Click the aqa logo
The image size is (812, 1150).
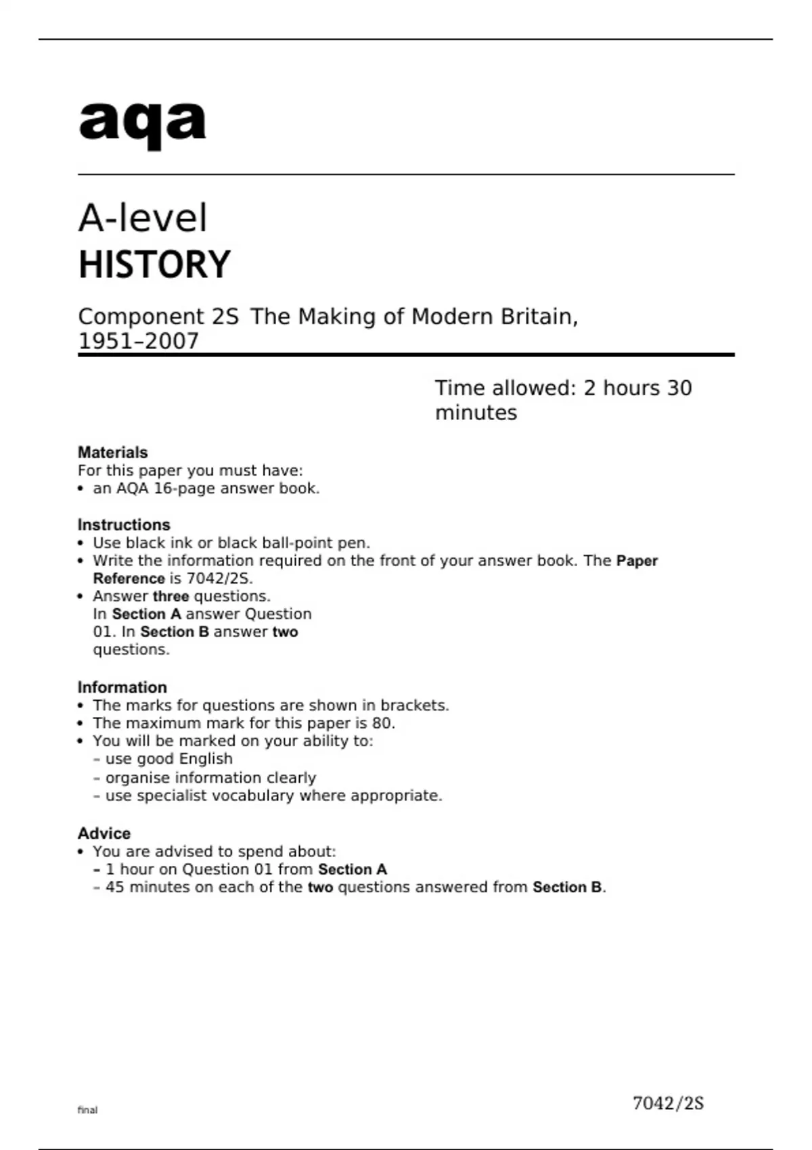[x=142, y=123]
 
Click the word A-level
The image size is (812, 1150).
[x=143, y=218]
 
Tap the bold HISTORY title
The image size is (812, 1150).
[x=154, y=264]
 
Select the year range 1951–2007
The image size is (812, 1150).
[x=139, y=342]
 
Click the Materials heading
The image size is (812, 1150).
[x=112, y=453]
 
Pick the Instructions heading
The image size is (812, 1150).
[x=124, y=525]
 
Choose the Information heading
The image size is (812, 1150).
[x=122, y=687]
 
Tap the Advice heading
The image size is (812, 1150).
[x=104, y=833]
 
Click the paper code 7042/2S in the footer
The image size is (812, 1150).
[x=668, y=1103]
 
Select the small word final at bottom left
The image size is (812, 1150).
[x=87, y=1110]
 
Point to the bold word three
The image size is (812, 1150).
[x=171, y=597]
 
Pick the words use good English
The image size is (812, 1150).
[x=168, y=759]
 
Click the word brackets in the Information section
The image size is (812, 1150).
[x=414, y=706]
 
